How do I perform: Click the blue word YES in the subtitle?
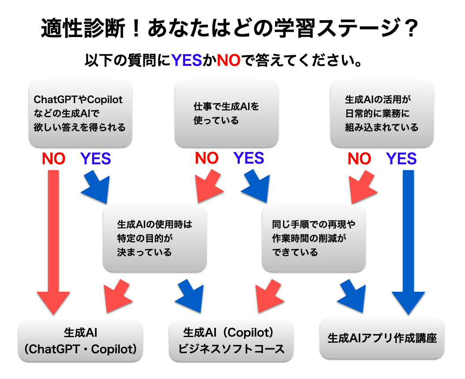point(186,60)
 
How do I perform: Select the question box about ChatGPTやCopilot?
point(80,113)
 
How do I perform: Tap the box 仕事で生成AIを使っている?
point(227,113)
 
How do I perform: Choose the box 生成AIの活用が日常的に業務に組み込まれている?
point(382,113)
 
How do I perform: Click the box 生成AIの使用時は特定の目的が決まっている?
point(154,238)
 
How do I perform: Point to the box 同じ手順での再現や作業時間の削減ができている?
point(314,238)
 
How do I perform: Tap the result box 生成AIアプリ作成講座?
point(382,338)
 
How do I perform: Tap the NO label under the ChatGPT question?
point(53,159)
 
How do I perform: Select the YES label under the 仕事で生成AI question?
point(249,158)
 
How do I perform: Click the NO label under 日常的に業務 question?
point(359,159)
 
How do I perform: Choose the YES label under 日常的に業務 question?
point(402,159)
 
